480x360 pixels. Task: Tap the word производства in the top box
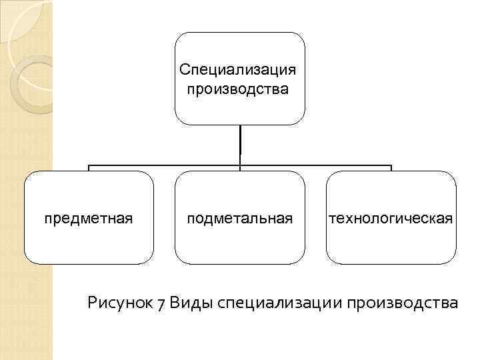pyautogui.click(x=238, y=89)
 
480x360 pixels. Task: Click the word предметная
pyautogui.click(x=89, y=218)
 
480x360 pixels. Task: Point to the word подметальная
pyautogui.click(x=240, y=218)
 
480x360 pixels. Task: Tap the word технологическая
pyautogui.click(x=391, y=218)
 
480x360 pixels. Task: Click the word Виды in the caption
pyautogui.click(x=189, y=303)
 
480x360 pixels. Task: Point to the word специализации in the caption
pyautogui.click(x=278, y=305)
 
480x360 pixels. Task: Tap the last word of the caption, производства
pyautogui.click(x=401, y=305)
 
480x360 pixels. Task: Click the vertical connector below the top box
pyautogui.click(x=240, y=143)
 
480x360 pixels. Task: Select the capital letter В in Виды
pyautogui.click(x=175, y=303)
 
